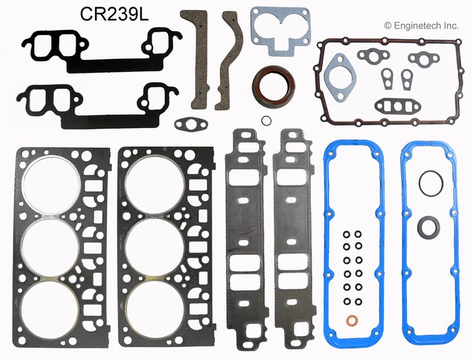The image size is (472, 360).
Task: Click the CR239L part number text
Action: (114, 14)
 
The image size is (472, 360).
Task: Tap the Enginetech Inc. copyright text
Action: (421, 26)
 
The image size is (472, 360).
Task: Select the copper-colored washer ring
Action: (351, 320)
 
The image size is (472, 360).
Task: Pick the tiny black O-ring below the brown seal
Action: (266, 121)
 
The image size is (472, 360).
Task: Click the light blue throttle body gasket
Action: (281, 31)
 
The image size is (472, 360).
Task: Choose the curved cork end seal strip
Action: (229, 60)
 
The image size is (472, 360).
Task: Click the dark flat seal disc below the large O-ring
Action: (429, 228)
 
